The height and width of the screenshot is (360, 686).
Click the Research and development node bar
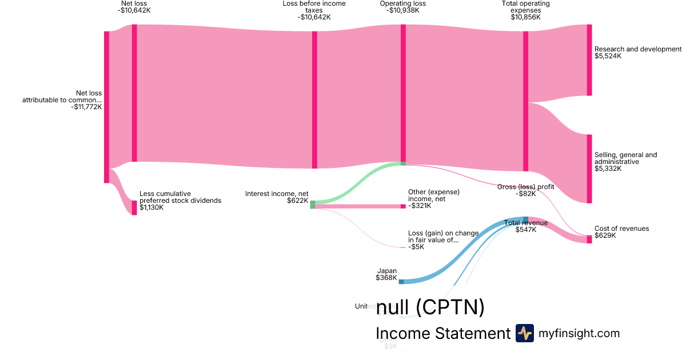[589, 60]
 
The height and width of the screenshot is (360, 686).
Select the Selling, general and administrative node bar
[589, 169]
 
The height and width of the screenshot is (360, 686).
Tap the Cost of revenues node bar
[589, 239]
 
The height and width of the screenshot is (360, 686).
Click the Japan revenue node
[401, 281]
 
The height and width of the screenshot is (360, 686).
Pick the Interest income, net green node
[312, 205]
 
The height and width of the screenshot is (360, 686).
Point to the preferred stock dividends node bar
[134, 207]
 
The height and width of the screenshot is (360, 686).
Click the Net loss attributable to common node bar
[106, 107]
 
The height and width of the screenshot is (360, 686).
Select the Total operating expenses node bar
[525, 101]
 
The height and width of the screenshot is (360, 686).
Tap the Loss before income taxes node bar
[314, 99]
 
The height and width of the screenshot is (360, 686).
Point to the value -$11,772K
[86, 106]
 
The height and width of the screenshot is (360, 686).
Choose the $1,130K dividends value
[151, 207]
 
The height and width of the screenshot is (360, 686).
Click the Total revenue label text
[526, 223]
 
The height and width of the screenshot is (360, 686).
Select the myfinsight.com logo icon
[524, 333]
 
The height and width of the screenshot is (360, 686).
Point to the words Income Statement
[443, 334]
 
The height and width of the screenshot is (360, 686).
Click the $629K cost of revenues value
[605, 235]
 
